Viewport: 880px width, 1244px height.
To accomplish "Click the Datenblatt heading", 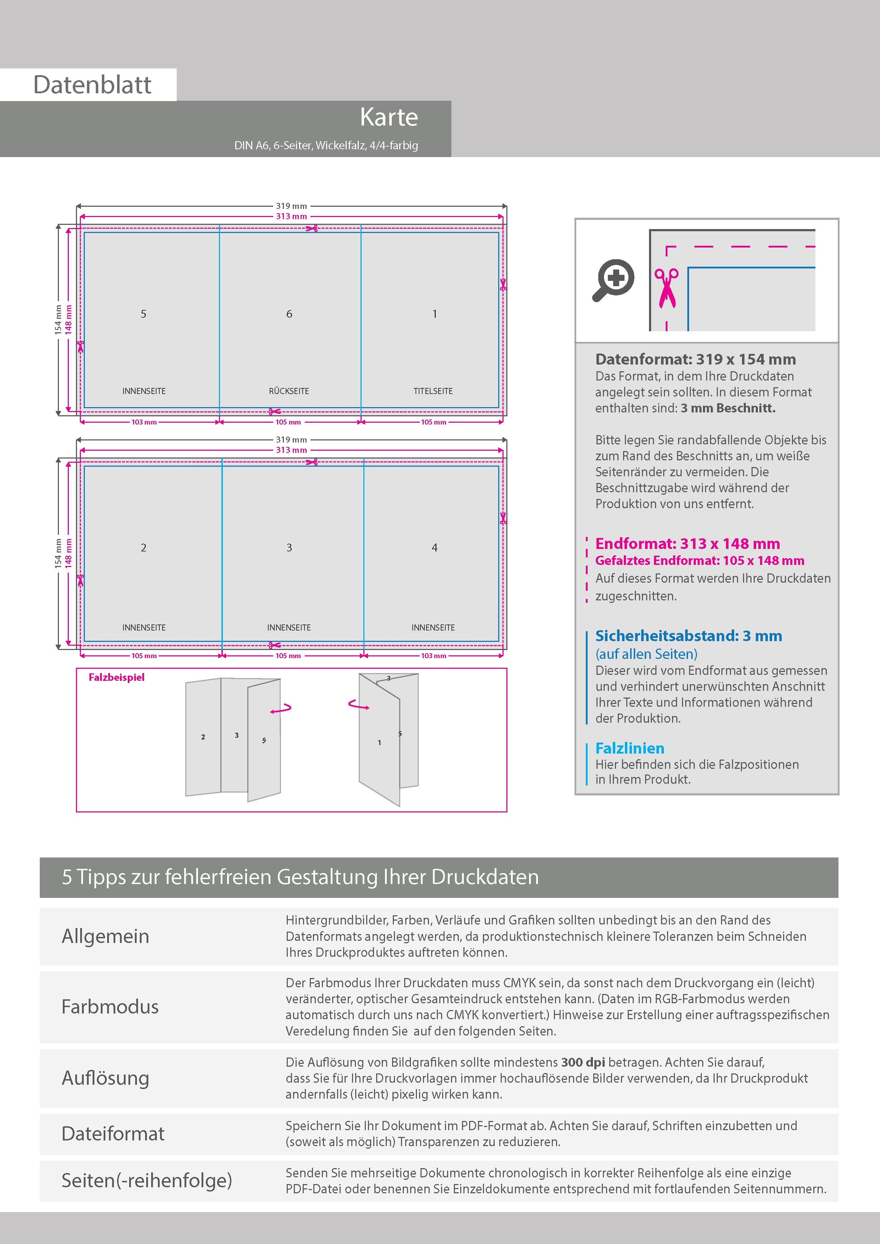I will click(x=92, y=85).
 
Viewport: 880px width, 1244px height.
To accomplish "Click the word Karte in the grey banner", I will click(x=389, y=118).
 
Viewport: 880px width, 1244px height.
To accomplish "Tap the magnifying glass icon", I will click(x=613, y=279).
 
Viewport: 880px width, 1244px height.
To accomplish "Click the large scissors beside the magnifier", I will click(x=666, y=288).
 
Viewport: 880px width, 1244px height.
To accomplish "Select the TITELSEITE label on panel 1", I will click(x=433, y=391).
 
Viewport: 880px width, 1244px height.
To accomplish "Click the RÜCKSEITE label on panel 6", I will click(x=288, y=391).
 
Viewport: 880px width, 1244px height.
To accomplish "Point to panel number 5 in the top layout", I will click(x=144, y=314).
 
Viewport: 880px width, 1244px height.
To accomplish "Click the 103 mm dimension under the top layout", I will click(x=144, y=422).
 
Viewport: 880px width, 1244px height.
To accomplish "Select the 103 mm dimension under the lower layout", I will click(x=433, y=656).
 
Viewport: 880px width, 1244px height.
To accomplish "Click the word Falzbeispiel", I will click(x=117, y=677).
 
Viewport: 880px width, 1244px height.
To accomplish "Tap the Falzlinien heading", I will click(x=629, y=748).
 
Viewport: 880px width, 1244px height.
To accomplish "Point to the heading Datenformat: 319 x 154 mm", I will click(x=695, y=359).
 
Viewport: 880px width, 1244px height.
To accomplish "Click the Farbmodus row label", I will click(x=110, y=1007).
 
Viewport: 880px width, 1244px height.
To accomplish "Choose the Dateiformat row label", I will click(x=113, y=1133).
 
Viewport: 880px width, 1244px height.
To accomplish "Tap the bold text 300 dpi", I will click(x=583, y=1062).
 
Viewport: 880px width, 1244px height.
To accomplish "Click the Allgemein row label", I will click(x=105, y=936).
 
